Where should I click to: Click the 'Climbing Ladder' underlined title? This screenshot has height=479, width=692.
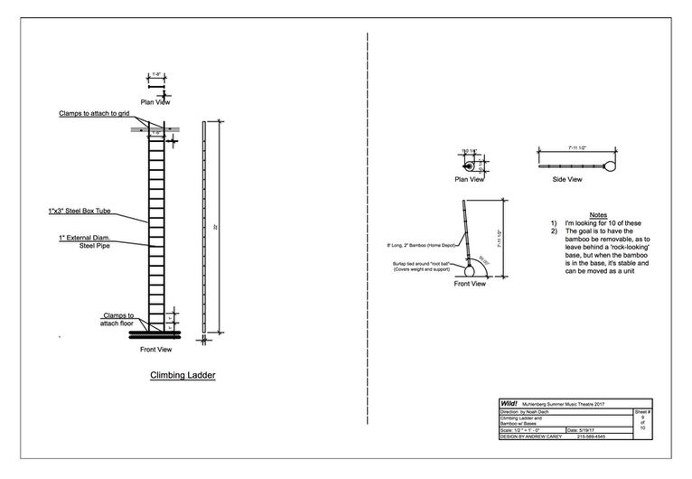pos(183,373)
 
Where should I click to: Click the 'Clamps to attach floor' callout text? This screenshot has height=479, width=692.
pos(119,318)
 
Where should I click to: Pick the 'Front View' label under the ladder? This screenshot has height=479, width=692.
pos(157,349)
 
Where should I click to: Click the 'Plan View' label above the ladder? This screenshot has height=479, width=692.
pos(155,101)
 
